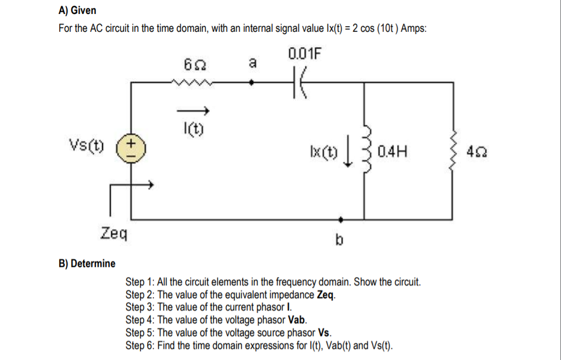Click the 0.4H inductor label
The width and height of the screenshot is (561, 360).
[392, 150]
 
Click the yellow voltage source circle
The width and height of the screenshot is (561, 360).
[131, 150]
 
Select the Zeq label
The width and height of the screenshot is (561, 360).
[114, 232]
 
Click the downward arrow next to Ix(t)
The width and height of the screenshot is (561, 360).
[348, 151]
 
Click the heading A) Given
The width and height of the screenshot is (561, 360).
[77, 11]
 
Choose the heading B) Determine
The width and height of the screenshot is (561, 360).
[87, 263]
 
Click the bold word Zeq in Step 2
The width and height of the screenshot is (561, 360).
[325, 294]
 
